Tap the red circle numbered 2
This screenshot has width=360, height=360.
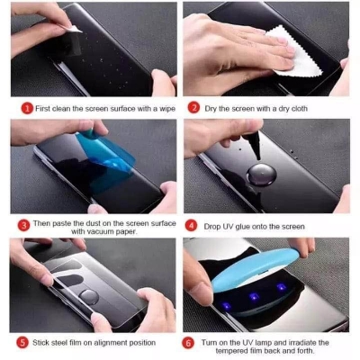pos(193,107)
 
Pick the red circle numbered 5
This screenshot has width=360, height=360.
pos(22,343)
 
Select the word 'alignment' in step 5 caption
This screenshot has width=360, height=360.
pos(101,343)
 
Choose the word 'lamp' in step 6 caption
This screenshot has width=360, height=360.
pos(269,343)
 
